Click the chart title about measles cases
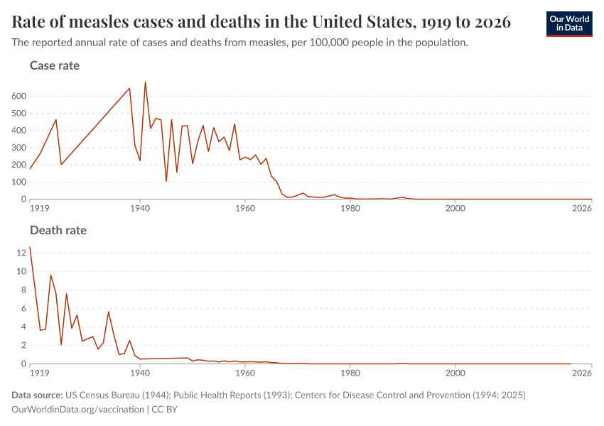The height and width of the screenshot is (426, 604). click(x=261, y=22)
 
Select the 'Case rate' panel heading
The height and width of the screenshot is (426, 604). click(x=55, y=65)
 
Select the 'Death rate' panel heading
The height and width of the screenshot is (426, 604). click(x=58, y=230)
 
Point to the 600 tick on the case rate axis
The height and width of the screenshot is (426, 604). click(x=18, y=96)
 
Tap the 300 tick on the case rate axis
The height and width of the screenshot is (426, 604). click(x=18, y=148)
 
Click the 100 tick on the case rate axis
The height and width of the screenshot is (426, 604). click(x=18, y=182)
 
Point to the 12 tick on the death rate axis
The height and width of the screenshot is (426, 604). click(x=21, y=253)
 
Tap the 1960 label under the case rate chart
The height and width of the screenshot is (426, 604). click(x=245, y=208)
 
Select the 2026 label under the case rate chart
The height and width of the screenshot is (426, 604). click(x=582, y=208)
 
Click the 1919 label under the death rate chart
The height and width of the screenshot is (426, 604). click(x=39, y=373)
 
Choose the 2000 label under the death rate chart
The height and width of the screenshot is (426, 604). click(x=455, y=373)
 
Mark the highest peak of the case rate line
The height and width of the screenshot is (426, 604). click(x=145, y=82)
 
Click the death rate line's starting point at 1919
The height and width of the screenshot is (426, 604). click(x=30, y=247)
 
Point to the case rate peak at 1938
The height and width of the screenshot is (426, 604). click(x=129, y=88)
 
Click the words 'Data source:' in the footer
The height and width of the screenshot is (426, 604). click(x=37, y=395)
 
